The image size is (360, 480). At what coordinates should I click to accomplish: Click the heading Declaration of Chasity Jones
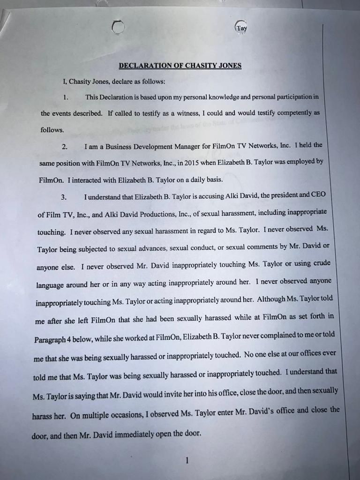pyautogui.click(x=180, y=66)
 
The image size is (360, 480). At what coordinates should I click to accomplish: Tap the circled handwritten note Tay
pyautogui.click(x=241, y=28)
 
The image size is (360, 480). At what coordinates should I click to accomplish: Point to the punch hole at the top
pyautogui.click(x=119, y=28)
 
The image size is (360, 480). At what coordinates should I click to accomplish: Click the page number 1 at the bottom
pyautogui.click(x=187, y=461)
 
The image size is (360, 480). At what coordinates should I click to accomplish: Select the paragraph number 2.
pyautogui.click(x=64, y=147)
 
